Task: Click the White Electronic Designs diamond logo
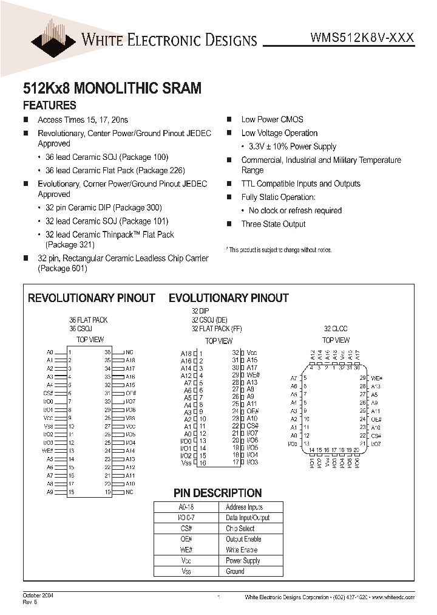pyautogui.click(x=55, y=35)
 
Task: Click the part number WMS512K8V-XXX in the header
pyautogui.click(x=362, y=37)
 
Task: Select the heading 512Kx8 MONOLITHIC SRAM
pyautogui.click(x=112, y=88)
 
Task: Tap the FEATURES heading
pyautogui.click(x=50, y=105)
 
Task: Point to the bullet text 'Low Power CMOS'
pyautogui.click(x=272, y=120)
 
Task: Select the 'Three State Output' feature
pyautogui.click(x=273, y=224)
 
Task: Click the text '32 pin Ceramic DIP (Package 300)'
pyautogui.click(x=107, y=208)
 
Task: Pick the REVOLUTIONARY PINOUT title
pyautogui.click(x=92, y=298)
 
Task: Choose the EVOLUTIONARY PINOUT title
pyautogui.click(x=228, y=298)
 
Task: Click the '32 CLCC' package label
pyautogui.click(x=336, y=328)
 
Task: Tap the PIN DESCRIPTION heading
pyautogui.click(x=217, y=493)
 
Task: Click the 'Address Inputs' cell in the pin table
pyautogui.click(x=244, y=507)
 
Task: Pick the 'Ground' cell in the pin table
pyautogui.click(x=235, y=571)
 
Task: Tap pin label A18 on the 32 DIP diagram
pyautogui.click(x=186, y=354)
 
